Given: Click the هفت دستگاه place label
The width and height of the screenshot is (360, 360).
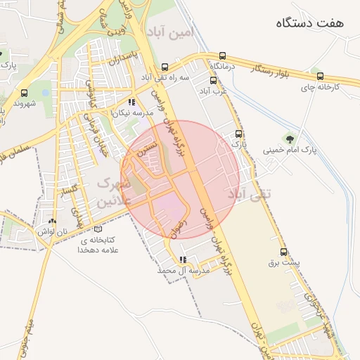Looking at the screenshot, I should point(310,22).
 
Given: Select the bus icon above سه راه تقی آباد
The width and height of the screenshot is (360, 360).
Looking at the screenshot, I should point(165,66).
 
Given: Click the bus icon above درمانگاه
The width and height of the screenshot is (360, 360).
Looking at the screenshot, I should point(223,56).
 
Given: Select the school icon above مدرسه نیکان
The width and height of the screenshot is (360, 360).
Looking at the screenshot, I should point(131,102).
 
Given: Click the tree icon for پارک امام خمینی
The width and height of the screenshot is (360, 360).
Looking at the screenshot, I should point(290,138).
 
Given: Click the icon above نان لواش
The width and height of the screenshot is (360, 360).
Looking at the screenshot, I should point(53,220).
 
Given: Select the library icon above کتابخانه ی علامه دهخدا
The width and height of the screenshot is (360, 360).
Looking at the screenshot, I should point(97,229).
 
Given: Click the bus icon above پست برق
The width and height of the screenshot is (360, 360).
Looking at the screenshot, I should point(284,251).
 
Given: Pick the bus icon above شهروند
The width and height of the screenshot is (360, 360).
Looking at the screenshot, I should point(25,93).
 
